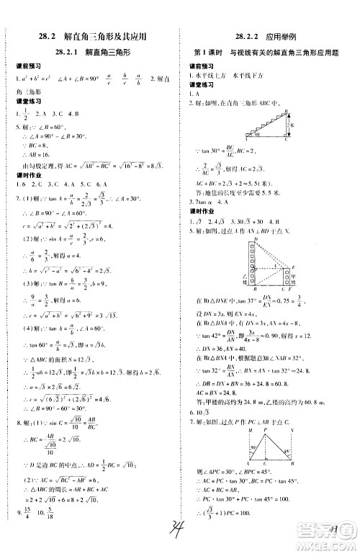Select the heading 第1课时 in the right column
tap(208, 53)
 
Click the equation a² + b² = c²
tap(36, 76)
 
